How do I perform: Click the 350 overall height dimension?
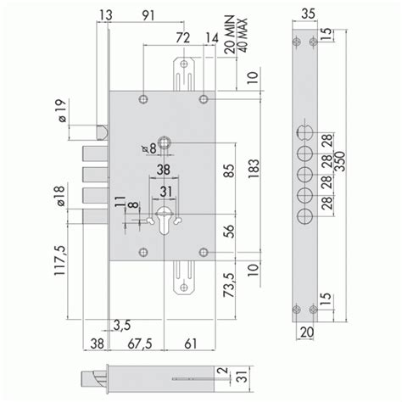tap(339, 161)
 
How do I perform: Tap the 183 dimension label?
tap(254, 169)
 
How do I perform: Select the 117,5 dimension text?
tap(60, 260)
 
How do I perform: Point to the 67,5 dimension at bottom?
tap(140, 344)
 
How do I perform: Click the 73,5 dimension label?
tap(229, 285)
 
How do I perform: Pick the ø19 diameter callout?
tap(62, 110)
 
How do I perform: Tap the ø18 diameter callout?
tap(60, 196)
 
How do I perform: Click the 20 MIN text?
tap(230, 34)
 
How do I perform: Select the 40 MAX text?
tap(243, 36)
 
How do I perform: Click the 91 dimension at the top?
tap(148, 15)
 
